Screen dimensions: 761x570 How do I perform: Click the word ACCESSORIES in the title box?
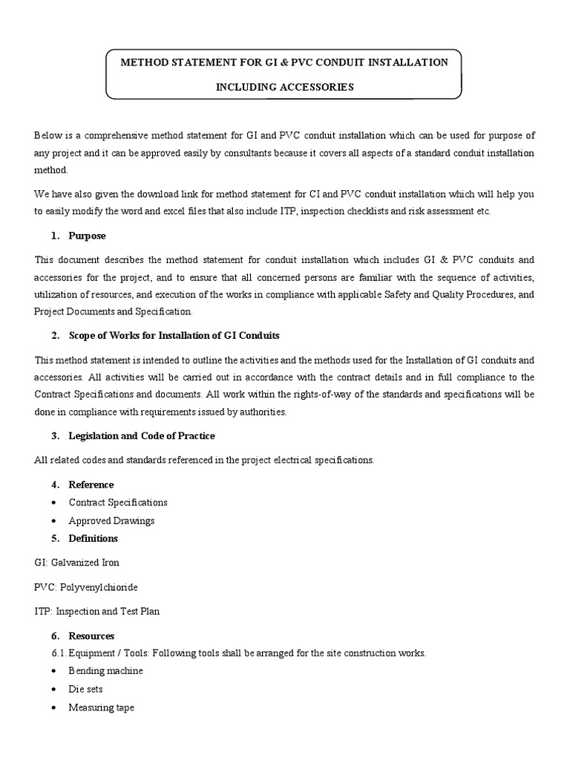pos(316,87)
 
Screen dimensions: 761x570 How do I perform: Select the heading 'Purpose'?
pos(87,236)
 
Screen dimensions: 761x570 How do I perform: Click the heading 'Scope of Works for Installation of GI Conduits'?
pos(174,335)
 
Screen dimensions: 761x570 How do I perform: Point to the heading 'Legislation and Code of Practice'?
pos(142,435)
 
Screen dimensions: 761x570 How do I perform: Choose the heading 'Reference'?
pos(91,485)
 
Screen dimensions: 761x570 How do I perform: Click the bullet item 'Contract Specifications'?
pos(118,502)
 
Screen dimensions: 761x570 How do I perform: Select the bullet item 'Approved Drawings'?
pos(111,520)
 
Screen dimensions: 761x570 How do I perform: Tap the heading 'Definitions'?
pos(94,538)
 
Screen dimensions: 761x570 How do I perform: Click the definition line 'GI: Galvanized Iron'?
pos(76,563)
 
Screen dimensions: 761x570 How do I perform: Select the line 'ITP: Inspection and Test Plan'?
pos(96,612)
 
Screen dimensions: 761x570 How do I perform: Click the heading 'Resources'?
pos(91,636)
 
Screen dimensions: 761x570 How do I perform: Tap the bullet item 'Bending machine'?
pos(105,670)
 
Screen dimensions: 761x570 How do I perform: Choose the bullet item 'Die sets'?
pos(85,689)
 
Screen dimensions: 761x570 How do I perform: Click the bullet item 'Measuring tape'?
pos(101,707)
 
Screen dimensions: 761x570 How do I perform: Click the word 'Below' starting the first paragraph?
pos(47,135)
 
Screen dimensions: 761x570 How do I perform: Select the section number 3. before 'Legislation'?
pos(55,435)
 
